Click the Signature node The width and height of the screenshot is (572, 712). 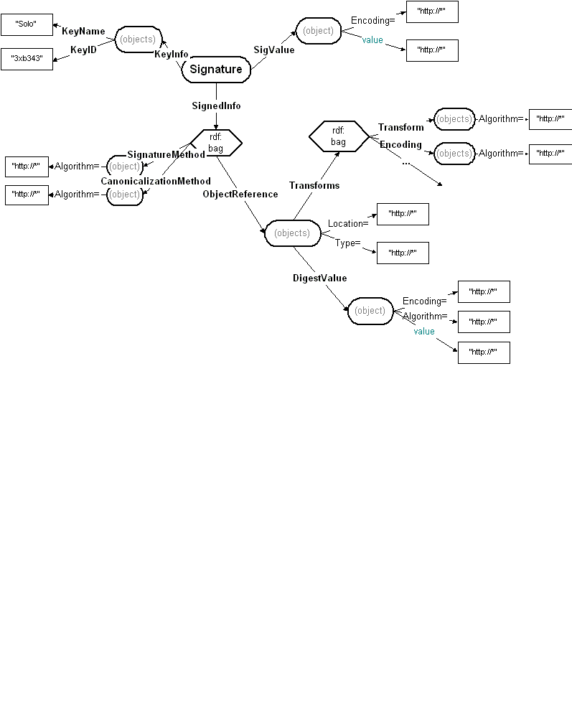click(x=216, y=70)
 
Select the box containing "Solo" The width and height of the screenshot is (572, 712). click(x=25, y=24)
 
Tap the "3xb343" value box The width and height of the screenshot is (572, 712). click(x=27, y=58)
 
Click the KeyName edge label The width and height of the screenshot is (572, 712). click(x=83, y=32)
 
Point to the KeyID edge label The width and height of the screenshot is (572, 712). click(x=83, y=50)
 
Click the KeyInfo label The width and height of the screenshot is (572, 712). click(x=172, y=55)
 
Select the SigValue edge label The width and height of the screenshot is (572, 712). click(x=274, y=50)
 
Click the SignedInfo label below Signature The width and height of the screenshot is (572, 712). click(x=216, y=106)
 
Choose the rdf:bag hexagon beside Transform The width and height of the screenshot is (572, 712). click(x=339, y=136)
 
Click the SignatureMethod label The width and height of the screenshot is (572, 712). click(x=166, y=154)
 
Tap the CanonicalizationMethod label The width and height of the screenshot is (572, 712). click(x=156, y=181)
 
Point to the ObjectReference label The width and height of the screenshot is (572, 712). click(x=240, y=194)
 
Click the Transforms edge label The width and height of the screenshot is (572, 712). click(x=314, y=185)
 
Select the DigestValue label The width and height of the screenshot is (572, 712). click(x=319, y=278)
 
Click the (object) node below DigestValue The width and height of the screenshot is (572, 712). click(x=370, y=311)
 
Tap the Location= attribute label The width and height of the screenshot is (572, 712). click(x=348, y=223)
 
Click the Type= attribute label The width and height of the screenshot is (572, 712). click(x=347, y=243)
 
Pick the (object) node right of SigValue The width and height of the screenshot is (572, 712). click(x=319, y=31)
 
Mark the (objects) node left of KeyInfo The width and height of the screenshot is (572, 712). click(x=138, y=39)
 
